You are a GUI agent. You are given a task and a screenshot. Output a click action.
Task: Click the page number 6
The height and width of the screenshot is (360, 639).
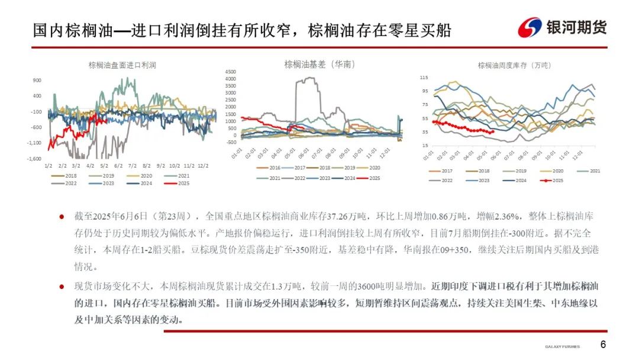tap(603, 345)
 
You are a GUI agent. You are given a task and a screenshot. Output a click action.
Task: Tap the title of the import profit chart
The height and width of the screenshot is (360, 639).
tap(122, 65)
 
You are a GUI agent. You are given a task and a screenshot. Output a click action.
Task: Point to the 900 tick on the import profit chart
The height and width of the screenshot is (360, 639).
tap(37, 80)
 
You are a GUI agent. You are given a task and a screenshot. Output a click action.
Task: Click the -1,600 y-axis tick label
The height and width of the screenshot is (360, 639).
tap(33, 158)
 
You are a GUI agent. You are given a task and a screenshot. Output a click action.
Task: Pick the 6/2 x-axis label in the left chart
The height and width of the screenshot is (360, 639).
tap(118, 166)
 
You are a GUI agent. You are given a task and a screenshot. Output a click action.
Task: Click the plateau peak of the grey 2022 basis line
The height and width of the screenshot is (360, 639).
tap(305, 79)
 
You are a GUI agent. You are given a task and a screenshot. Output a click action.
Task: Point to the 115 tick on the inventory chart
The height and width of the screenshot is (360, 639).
tap(424, 78)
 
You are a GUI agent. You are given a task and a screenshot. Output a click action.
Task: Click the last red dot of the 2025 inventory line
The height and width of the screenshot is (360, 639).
tap(493, 131)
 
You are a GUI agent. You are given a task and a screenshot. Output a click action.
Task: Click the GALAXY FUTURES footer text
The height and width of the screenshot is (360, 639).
tap(562, 346)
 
